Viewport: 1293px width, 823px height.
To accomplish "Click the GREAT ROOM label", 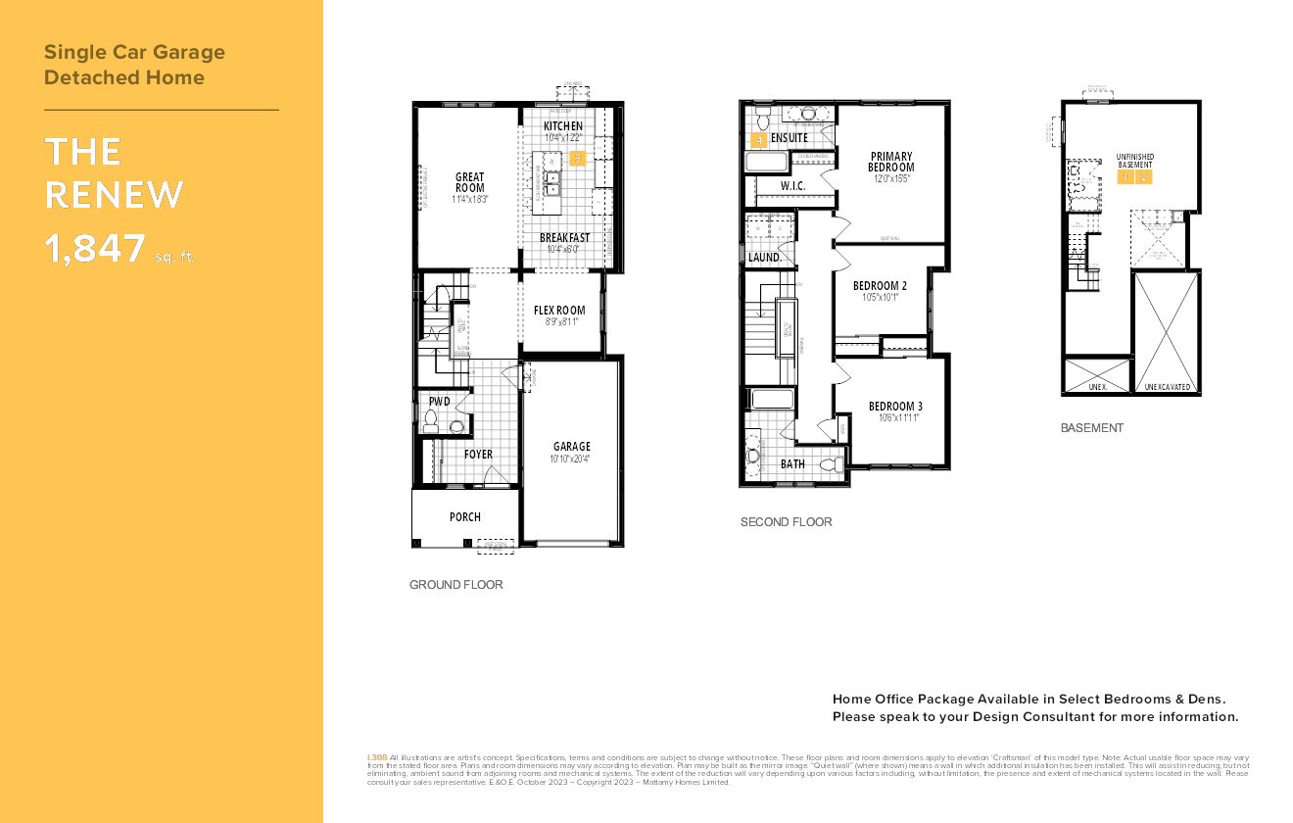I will (x=470, y=182).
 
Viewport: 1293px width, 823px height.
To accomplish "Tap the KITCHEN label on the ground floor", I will (x=563, y=126).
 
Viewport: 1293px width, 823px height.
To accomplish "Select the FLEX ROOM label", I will (x=559, y=311).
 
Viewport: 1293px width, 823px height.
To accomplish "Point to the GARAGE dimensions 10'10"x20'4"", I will (x=571, y=459).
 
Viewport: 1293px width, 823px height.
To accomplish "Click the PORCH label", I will (x=465, y=516).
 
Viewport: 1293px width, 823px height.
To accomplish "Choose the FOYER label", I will (x=478, y=455).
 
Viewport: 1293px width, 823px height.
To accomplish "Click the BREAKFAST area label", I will (x=564, y=238).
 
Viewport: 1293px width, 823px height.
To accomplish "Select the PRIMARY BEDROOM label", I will (x=891, y=162).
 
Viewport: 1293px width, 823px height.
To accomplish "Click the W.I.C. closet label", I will (x=792, y=185).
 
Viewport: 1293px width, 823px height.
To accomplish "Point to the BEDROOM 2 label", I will (x=880, y=286).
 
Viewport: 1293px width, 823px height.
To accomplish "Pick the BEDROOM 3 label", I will (x=895, y=407).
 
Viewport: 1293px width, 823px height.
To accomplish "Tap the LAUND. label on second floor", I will (x=764, y=258).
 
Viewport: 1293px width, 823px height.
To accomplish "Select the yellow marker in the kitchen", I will (x=578, y=157).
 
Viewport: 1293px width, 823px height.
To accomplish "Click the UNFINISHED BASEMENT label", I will (x=1135, y=161).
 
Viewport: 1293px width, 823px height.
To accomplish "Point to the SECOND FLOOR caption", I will (x=786, y=522).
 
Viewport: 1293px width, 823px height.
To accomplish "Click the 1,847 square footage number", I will (x=95, y=249).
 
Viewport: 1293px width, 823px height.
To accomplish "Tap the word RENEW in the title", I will (x=114, y=195).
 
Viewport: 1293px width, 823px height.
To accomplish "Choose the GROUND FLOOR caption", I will (x=455, y=585).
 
